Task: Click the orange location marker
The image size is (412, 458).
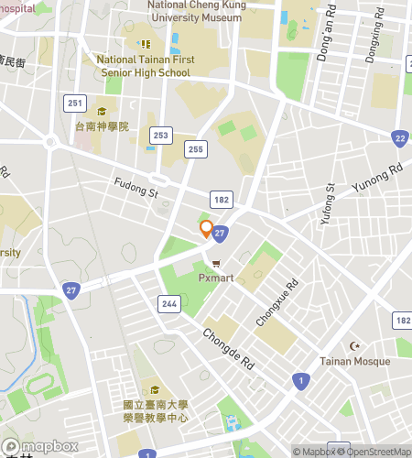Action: (207, 229)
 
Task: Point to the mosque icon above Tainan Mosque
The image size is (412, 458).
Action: (355, 345)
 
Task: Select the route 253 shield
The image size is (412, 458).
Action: (162, 135)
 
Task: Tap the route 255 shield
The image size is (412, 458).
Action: (195, 148)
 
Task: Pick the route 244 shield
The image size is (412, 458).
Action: (168, 304)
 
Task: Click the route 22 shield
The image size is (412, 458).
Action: (399, 138)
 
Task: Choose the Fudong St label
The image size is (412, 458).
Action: (136, 188)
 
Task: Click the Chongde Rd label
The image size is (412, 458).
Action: (228, 348)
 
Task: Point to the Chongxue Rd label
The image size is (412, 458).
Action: (277, 303)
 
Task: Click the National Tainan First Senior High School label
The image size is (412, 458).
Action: (144, 66)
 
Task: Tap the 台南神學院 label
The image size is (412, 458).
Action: (103, 126)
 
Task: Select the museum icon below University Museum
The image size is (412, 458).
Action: (144, 43)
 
